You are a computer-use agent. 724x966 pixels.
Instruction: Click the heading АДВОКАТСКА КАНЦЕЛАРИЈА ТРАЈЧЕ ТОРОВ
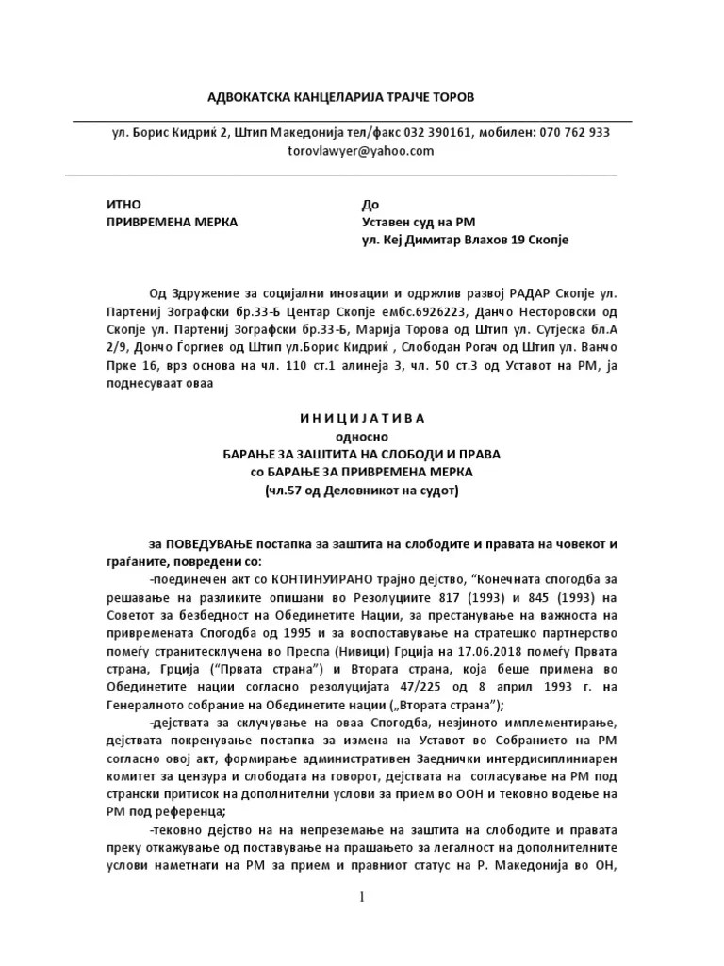pyautogui.click(x=341, y=98)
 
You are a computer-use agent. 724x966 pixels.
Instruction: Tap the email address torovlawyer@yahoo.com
pyautogui.click(x=361, y=151)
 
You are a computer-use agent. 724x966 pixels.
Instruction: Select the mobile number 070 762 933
pyautogui.click(x=575, y=133)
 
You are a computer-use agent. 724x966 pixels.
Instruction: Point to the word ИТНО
pyautogui.click(x=123, y=205)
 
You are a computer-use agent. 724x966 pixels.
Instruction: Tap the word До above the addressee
pyautogui.click(x=370, y=205)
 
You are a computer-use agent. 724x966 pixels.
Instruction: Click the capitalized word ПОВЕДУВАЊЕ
pyautogui.click(x=209, y=545)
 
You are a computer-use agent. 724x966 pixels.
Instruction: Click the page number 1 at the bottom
pyautogui.click(x=361, y=897)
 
